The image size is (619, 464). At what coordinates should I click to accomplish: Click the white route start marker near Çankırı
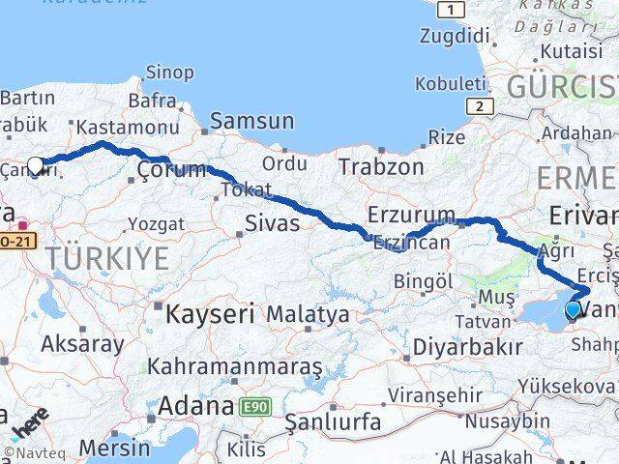36,165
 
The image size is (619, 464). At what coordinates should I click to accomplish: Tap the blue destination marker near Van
573,310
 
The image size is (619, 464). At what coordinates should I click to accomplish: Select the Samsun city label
251,122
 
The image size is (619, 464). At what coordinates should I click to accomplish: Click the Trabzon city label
381,166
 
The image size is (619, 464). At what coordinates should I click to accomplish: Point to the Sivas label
272,224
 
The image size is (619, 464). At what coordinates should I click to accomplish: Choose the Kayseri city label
209,314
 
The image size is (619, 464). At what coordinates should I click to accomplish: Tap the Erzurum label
411,215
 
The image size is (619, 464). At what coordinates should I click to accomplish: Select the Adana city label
195,405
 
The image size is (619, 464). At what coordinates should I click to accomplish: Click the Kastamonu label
127,127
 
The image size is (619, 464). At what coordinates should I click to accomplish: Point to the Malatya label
308,314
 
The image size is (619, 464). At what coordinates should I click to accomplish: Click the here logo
30,422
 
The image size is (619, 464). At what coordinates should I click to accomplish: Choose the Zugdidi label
455,36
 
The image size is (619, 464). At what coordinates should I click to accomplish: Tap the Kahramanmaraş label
234,367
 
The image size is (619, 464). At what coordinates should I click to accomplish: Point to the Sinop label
169,72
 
